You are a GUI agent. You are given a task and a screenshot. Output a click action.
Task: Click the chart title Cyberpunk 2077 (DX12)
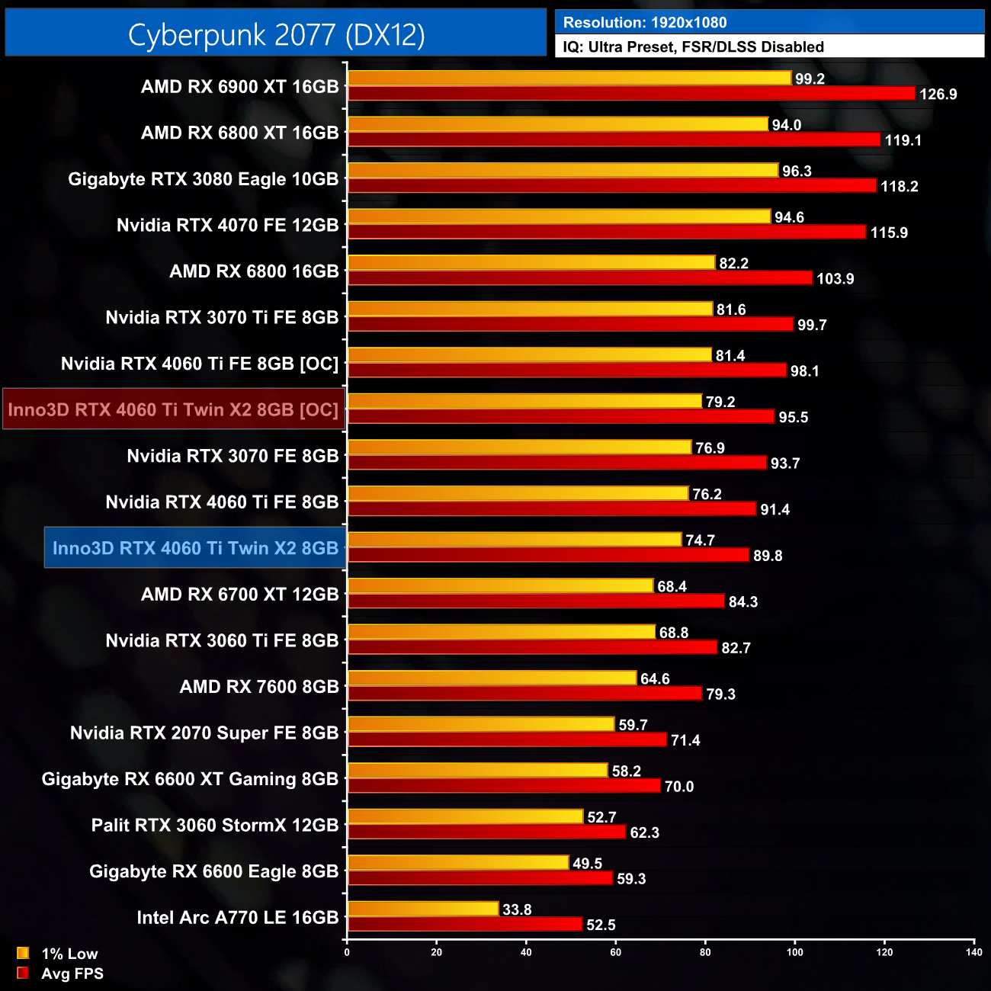tap(276, 34)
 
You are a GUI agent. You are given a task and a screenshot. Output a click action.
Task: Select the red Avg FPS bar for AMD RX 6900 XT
tap(631, 94)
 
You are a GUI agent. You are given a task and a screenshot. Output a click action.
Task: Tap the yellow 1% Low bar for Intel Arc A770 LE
tap(423, 909)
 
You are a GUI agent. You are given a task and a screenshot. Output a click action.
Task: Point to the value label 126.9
tap(938, 95)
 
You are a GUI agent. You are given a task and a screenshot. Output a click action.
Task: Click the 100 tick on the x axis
tap(795, 952)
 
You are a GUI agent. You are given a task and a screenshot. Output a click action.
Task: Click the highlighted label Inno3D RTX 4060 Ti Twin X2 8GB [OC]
tap(173, 409)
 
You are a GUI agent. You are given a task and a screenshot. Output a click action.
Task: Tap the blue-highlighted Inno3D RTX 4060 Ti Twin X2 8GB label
tap(195, 548)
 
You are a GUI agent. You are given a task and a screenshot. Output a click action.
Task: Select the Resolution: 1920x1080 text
tap(645, 23)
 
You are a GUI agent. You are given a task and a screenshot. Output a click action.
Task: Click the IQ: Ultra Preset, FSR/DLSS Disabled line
tap(693, 47)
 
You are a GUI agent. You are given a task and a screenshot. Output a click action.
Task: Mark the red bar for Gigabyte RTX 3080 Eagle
tap(612, 186)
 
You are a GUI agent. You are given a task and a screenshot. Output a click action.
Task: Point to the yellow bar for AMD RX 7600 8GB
tap(492, 678)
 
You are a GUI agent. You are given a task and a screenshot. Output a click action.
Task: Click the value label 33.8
tap(517, 909)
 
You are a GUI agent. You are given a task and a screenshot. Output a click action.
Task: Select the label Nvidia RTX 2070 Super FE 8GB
tap(204, 733)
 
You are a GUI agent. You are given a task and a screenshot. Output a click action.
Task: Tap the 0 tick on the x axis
tap(347, 952)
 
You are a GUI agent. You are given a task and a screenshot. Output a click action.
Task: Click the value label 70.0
tap(678, 787)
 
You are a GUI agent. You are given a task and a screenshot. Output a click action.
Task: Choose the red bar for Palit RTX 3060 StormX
tap(486, 832)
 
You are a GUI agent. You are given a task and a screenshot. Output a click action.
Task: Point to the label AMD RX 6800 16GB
tap(254, 271)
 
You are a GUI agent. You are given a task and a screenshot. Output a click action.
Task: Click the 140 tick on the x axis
tap(974, 952)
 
